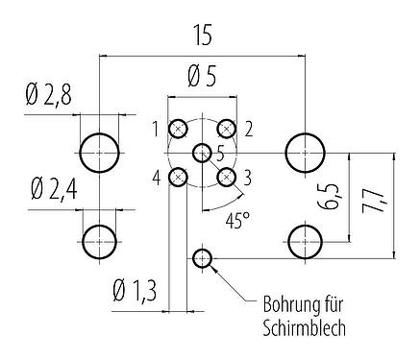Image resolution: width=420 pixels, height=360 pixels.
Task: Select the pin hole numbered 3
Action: coord(227,177)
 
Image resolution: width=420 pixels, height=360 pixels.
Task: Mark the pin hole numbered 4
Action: coord(179,177)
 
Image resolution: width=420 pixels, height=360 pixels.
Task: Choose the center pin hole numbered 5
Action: coord(203,153)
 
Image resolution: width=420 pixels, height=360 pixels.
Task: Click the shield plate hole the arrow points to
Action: coord(203,257)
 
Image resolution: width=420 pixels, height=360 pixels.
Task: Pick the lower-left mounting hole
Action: coord(101,240)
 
